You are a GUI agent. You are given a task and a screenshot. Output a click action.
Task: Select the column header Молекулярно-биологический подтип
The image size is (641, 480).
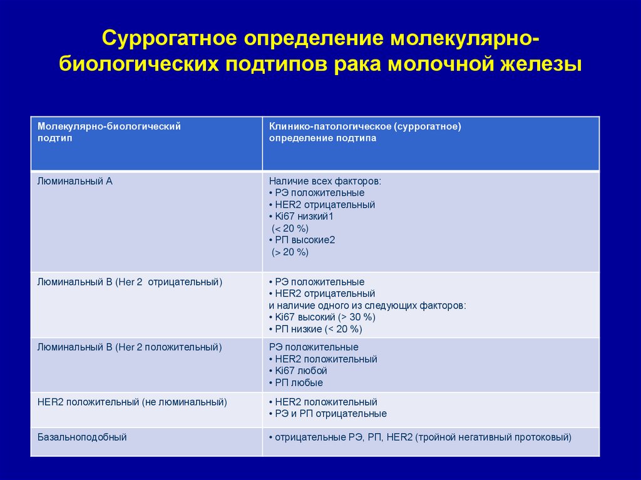pyautogui.click(x=109, y=132)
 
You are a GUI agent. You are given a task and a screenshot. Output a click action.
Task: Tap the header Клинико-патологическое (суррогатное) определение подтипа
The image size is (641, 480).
pyautogui.click(x=365, y=132)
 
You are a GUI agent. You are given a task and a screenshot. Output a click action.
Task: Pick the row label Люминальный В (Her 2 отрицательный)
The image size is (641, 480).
pyautogui.click(x=130, y=282)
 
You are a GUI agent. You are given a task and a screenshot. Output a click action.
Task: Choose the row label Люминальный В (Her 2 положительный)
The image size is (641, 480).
pyautogui.click(x=130, y=347)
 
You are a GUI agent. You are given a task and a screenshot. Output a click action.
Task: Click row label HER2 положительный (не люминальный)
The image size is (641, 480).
pyautogui.click(x=132, y=402)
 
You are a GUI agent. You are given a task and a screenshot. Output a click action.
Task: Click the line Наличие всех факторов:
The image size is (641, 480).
pyautogui.click(x=325, y=181)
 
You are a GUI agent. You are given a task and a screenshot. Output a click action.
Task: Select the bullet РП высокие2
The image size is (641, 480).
pyautogui.click(x=305, y=240)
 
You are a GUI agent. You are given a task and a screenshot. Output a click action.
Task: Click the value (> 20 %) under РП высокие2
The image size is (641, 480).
pyautogui.click(x=290, y=252)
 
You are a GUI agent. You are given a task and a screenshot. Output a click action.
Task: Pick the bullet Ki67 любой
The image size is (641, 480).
pyautogui.click(x=301, y=370)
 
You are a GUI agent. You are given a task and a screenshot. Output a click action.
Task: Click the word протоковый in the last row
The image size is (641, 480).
pyautogui.click(x=545, y=437)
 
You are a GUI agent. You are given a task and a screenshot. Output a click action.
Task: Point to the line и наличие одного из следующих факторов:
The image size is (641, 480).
pyautogui.click(x=367, y=305)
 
